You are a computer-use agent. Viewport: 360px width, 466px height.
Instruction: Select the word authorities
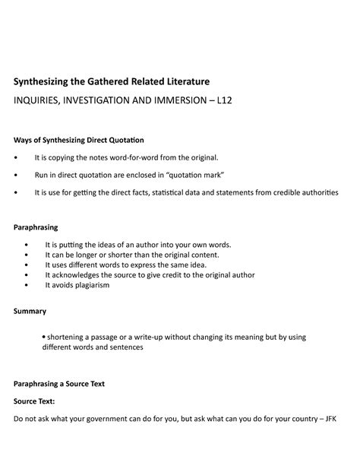pyautogui.click(x=312, y=192)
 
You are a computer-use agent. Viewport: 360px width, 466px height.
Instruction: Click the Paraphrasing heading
pyautogui.click(x=36, y=227)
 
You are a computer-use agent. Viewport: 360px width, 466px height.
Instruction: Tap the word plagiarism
pyautogui.click(x=90, y=285)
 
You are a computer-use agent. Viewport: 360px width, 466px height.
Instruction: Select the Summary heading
pyautogui.click(x=30, y=311)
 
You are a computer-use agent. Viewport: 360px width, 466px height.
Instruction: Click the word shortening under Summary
pyautogui.click(x=68, y=336)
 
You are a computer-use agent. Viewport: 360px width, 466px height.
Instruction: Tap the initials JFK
pyautogui.click(x=331, y=419)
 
